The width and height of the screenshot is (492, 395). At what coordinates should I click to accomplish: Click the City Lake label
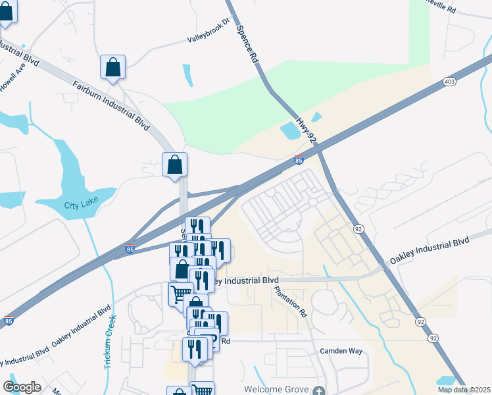(x=80, y=205)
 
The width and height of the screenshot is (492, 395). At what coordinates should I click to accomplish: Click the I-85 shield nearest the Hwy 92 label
(x=299, y=159)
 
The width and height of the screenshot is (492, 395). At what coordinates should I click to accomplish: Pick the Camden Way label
(x=341, y=352)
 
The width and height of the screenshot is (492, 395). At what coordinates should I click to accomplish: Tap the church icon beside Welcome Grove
(x=319, y=391)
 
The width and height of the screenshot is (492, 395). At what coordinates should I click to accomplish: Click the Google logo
(x=22, y=387)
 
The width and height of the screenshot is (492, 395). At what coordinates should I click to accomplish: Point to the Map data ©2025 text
(x=464, y=390)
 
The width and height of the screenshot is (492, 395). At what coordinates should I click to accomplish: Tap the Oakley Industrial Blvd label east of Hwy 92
(x=430, y=252)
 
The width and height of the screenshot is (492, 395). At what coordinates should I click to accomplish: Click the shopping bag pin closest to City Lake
(x=175, y=165)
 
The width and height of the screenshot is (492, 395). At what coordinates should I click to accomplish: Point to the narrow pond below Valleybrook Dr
(x=187, y=76)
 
